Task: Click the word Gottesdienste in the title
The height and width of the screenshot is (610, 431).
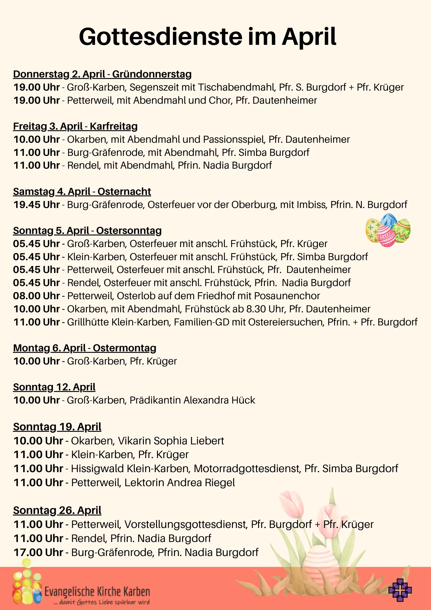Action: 161,37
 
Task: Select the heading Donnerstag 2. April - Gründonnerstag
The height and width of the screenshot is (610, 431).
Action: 102,74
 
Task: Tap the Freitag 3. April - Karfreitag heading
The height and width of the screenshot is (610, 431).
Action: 75,126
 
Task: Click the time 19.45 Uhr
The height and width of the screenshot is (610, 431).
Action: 37,205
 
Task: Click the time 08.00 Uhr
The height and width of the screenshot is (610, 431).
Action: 37,296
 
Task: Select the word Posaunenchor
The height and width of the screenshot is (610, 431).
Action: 287,296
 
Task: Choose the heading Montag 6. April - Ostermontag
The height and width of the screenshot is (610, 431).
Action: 84,348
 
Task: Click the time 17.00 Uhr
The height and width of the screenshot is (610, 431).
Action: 38,552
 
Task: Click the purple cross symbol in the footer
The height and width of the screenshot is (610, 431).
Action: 400,590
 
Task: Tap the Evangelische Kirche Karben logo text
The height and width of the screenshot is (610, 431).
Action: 97,592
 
